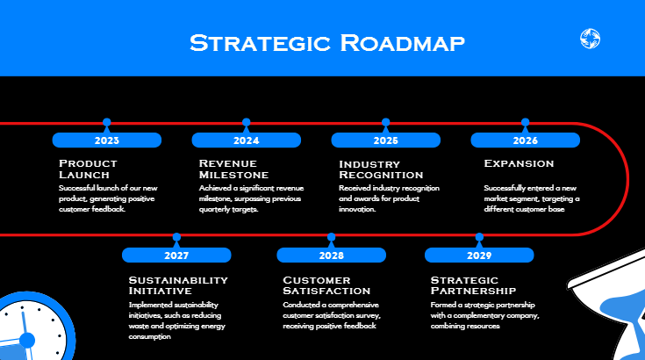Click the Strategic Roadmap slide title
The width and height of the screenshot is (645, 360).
click(x=327, y=42)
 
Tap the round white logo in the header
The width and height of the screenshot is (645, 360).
click(x=590, y=39)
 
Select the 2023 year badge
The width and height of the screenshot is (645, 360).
click(x=107, y=140)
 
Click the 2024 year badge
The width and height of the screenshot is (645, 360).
click(x=247, y=140)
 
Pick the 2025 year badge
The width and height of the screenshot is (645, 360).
click(x=385, y=140)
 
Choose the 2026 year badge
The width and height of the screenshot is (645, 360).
click(x=525, y=140)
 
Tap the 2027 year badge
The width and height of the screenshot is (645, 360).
click(x=176, y=256)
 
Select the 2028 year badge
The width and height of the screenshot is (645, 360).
click(x=331, y=256)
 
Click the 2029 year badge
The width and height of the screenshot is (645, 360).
click(x=479, y=256)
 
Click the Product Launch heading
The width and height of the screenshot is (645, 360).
click(x=88, y=169)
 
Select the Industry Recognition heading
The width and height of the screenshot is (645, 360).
click(x=381, y=169)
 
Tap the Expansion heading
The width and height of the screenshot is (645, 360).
click(x=519, y=163)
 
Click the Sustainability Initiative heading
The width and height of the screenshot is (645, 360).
click(x=178, y=284)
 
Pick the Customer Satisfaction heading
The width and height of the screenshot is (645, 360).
click(x=326, y=284)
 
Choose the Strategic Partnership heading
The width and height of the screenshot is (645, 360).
click(x=473, y=284)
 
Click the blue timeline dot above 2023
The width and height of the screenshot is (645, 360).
click(x=107, y=123)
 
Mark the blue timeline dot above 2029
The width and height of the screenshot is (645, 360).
click(x=479, y=237)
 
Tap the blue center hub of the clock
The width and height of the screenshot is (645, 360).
click(x=26, y=340)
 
